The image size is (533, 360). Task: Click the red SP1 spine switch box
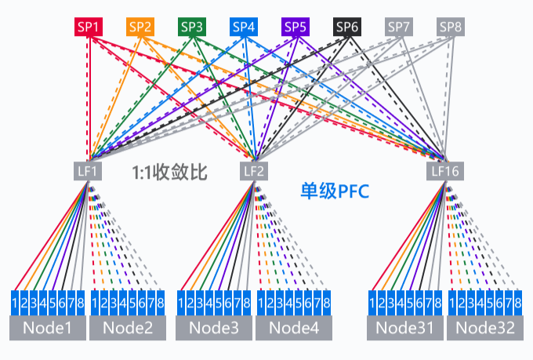coord(89,27)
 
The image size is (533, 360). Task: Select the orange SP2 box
coord(140,27)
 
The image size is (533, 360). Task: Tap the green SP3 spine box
coord(192,27)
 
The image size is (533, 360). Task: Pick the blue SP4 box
coord(244,27)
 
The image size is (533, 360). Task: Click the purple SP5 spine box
coord(296,27)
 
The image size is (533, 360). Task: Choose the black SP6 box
coord(347,27)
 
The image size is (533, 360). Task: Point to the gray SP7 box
coord(399,27)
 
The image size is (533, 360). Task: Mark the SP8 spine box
coord(451,27)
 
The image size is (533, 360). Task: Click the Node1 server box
coord(47,329)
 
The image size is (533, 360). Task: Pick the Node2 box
coord(127,329)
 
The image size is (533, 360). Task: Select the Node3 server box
coord(213,329)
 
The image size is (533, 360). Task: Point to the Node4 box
coord(293,329)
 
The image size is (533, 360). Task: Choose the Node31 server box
coord(404,329)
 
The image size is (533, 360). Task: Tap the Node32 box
coord(485,329)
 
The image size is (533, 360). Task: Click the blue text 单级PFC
coord(335,191)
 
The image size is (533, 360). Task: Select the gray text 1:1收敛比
coord(169,171)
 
